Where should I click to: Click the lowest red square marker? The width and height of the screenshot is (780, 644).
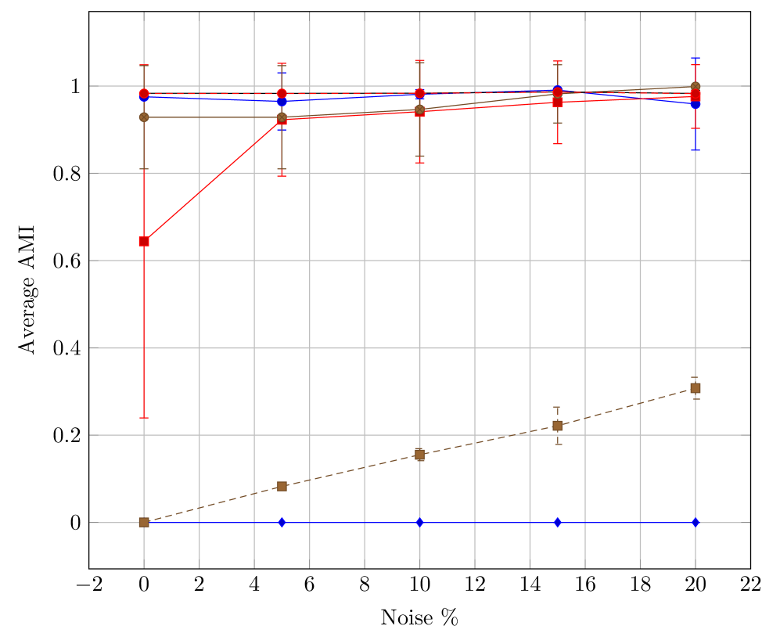(144, 241)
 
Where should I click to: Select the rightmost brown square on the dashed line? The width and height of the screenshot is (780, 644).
(695, 388)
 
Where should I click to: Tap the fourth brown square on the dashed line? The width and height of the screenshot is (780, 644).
(557, 426)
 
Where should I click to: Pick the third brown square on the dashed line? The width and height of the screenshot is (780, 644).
(419, 455)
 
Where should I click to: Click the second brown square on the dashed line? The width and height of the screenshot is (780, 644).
(282, 486)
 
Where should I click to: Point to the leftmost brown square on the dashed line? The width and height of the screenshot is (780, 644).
(144, 522)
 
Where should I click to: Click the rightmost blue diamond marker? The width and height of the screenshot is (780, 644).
(695, 522)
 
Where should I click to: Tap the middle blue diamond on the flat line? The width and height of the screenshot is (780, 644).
(419, 522)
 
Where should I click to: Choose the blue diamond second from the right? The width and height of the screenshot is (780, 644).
(557, 522)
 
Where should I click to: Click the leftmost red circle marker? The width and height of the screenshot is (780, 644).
(144, 93)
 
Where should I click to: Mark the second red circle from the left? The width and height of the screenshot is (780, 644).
(282, 93)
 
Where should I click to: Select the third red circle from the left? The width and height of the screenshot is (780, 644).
(419, 93)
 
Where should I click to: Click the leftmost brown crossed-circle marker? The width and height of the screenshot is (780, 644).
(144, 117)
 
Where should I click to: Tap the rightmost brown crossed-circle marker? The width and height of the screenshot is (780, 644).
(695, 86)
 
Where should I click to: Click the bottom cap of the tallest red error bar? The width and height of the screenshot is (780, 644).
(144, 418)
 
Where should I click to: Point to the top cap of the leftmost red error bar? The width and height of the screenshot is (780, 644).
(144, 65)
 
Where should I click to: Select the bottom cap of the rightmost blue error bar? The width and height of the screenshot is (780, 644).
(695, 150)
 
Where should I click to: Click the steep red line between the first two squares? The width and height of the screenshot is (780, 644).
(213, 180)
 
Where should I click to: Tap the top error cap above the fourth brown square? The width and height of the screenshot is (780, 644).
(557, 407)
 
